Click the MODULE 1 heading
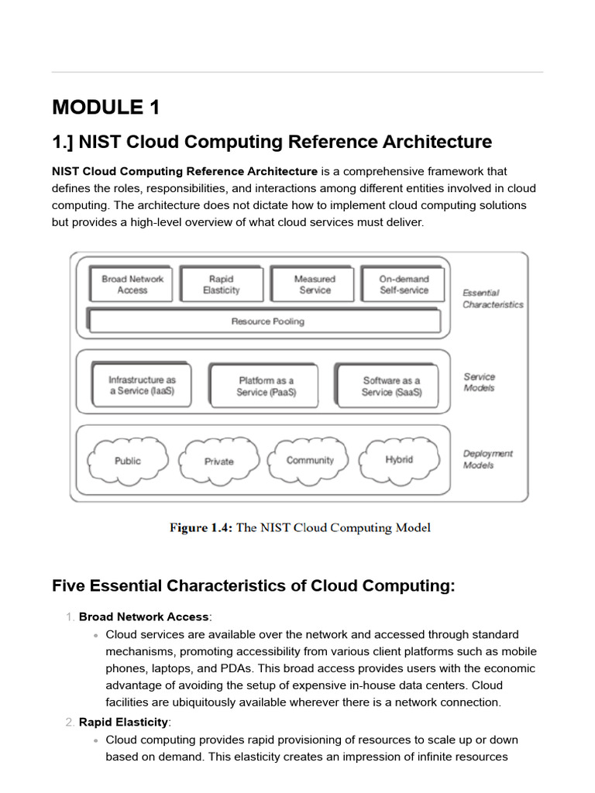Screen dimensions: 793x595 (105, 107)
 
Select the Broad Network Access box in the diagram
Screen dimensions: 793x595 (132, 284)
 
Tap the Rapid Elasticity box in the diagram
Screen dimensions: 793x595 (222, 284)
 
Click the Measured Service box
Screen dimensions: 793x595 (314, 284)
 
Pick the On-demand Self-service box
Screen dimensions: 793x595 (404, 284)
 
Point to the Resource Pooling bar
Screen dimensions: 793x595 (267, 321)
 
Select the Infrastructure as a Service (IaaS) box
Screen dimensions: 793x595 (142, 386)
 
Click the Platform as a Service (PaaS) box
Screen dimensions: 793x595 (267, 386)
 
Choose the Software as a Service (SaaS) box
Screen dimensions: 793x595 (391, 386)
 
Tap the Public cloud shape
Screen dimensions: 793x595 (128, 461)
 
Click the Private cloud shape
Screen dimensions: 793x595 (218, 462)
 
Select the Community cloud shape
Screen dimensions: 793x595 (310, 460)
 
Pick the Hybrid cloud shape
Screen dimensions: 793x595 (399, 459)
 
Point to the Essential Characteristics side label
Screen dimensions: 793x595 (493, 299)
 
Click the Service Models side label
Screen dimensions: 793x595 (480, 383)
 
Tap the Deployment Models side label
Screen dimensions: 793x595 (487, 459)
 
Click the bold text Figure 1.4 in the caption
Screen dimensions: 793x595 (201, 528)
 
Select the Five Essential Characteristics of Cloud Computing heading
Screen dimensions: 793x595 (253, 585)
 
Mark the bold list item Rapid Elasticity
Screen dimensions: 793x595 (123, 722)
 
